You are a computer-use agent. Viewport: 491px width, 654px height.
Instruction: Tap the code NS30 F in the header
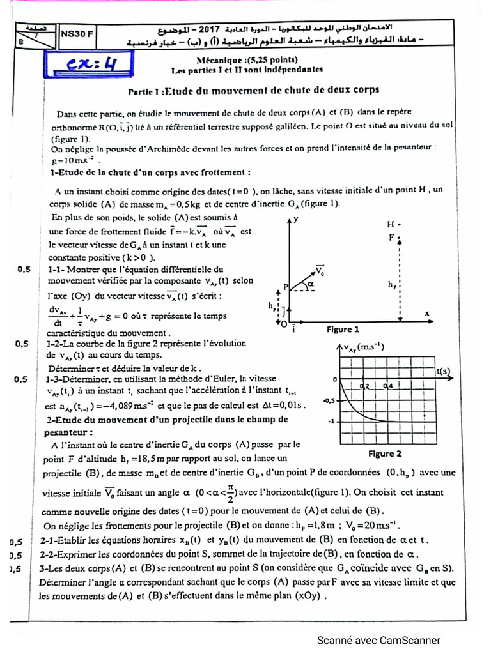pyautogui.click(x=76, y=36)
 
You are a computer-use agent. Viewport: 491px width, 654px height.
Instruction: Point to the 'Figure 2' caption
pyautogui.click(x=385, y=454)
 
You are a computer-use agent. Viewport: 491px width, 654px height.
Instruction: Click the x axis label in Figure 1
pyautogui.click(x=426, y=313)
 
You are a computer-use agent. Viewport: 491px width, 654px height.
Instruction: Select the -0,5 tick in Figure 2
pyautogui.click(x=329, y=400)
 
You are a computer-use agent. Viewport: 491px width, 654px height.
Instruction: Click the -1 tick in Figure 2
pyautogui.click(x=331, y=422)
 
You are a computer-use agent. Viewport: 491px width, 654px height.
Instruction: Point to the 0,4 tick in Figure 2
pyautogui.click(x=388, y=386)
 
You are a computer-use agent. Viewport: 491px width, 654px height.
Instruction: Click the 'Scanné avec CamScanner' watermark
pyautogui.click(x=379, y=640)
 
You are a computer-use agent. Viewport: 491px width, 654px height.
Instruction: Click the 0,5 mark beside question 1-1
pyautogui.click(x=23, y=270)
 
